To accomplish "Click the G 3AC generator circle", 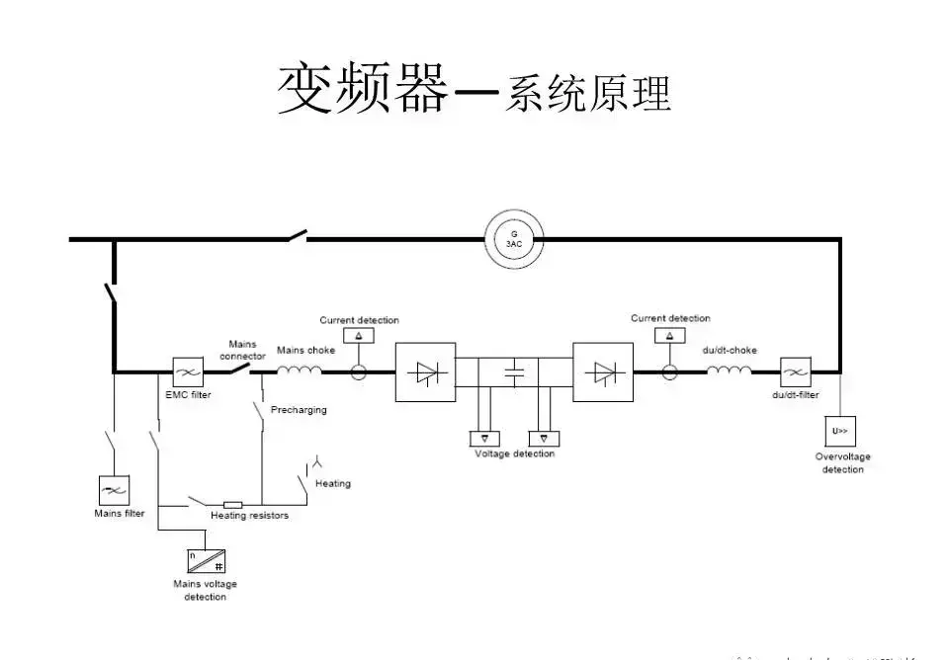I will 514,239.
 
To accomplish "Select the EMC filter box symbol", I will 188,372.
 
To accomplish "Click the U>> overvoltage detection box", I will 840,431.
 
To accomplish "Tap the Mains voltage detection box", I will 206,560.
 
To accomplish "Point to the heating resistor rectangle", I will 233,505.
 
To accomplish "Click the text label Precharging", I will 299,410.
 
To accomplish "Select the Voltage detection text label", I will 514,454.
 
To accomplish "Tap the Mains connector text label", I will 242,351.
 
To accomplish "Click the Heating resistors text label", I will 249,517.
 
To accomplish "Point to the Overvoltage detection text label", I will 842,463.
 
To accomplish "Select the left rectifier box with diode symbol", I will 425,372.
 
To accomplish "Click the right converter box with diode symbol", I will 603,372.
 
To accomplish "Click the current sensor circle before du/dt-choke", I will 670,372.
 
